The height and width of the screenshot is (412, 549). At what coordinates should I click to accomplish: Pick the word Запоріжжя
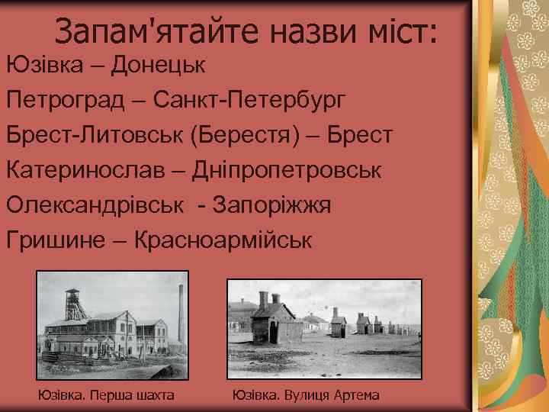(272, 205)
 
